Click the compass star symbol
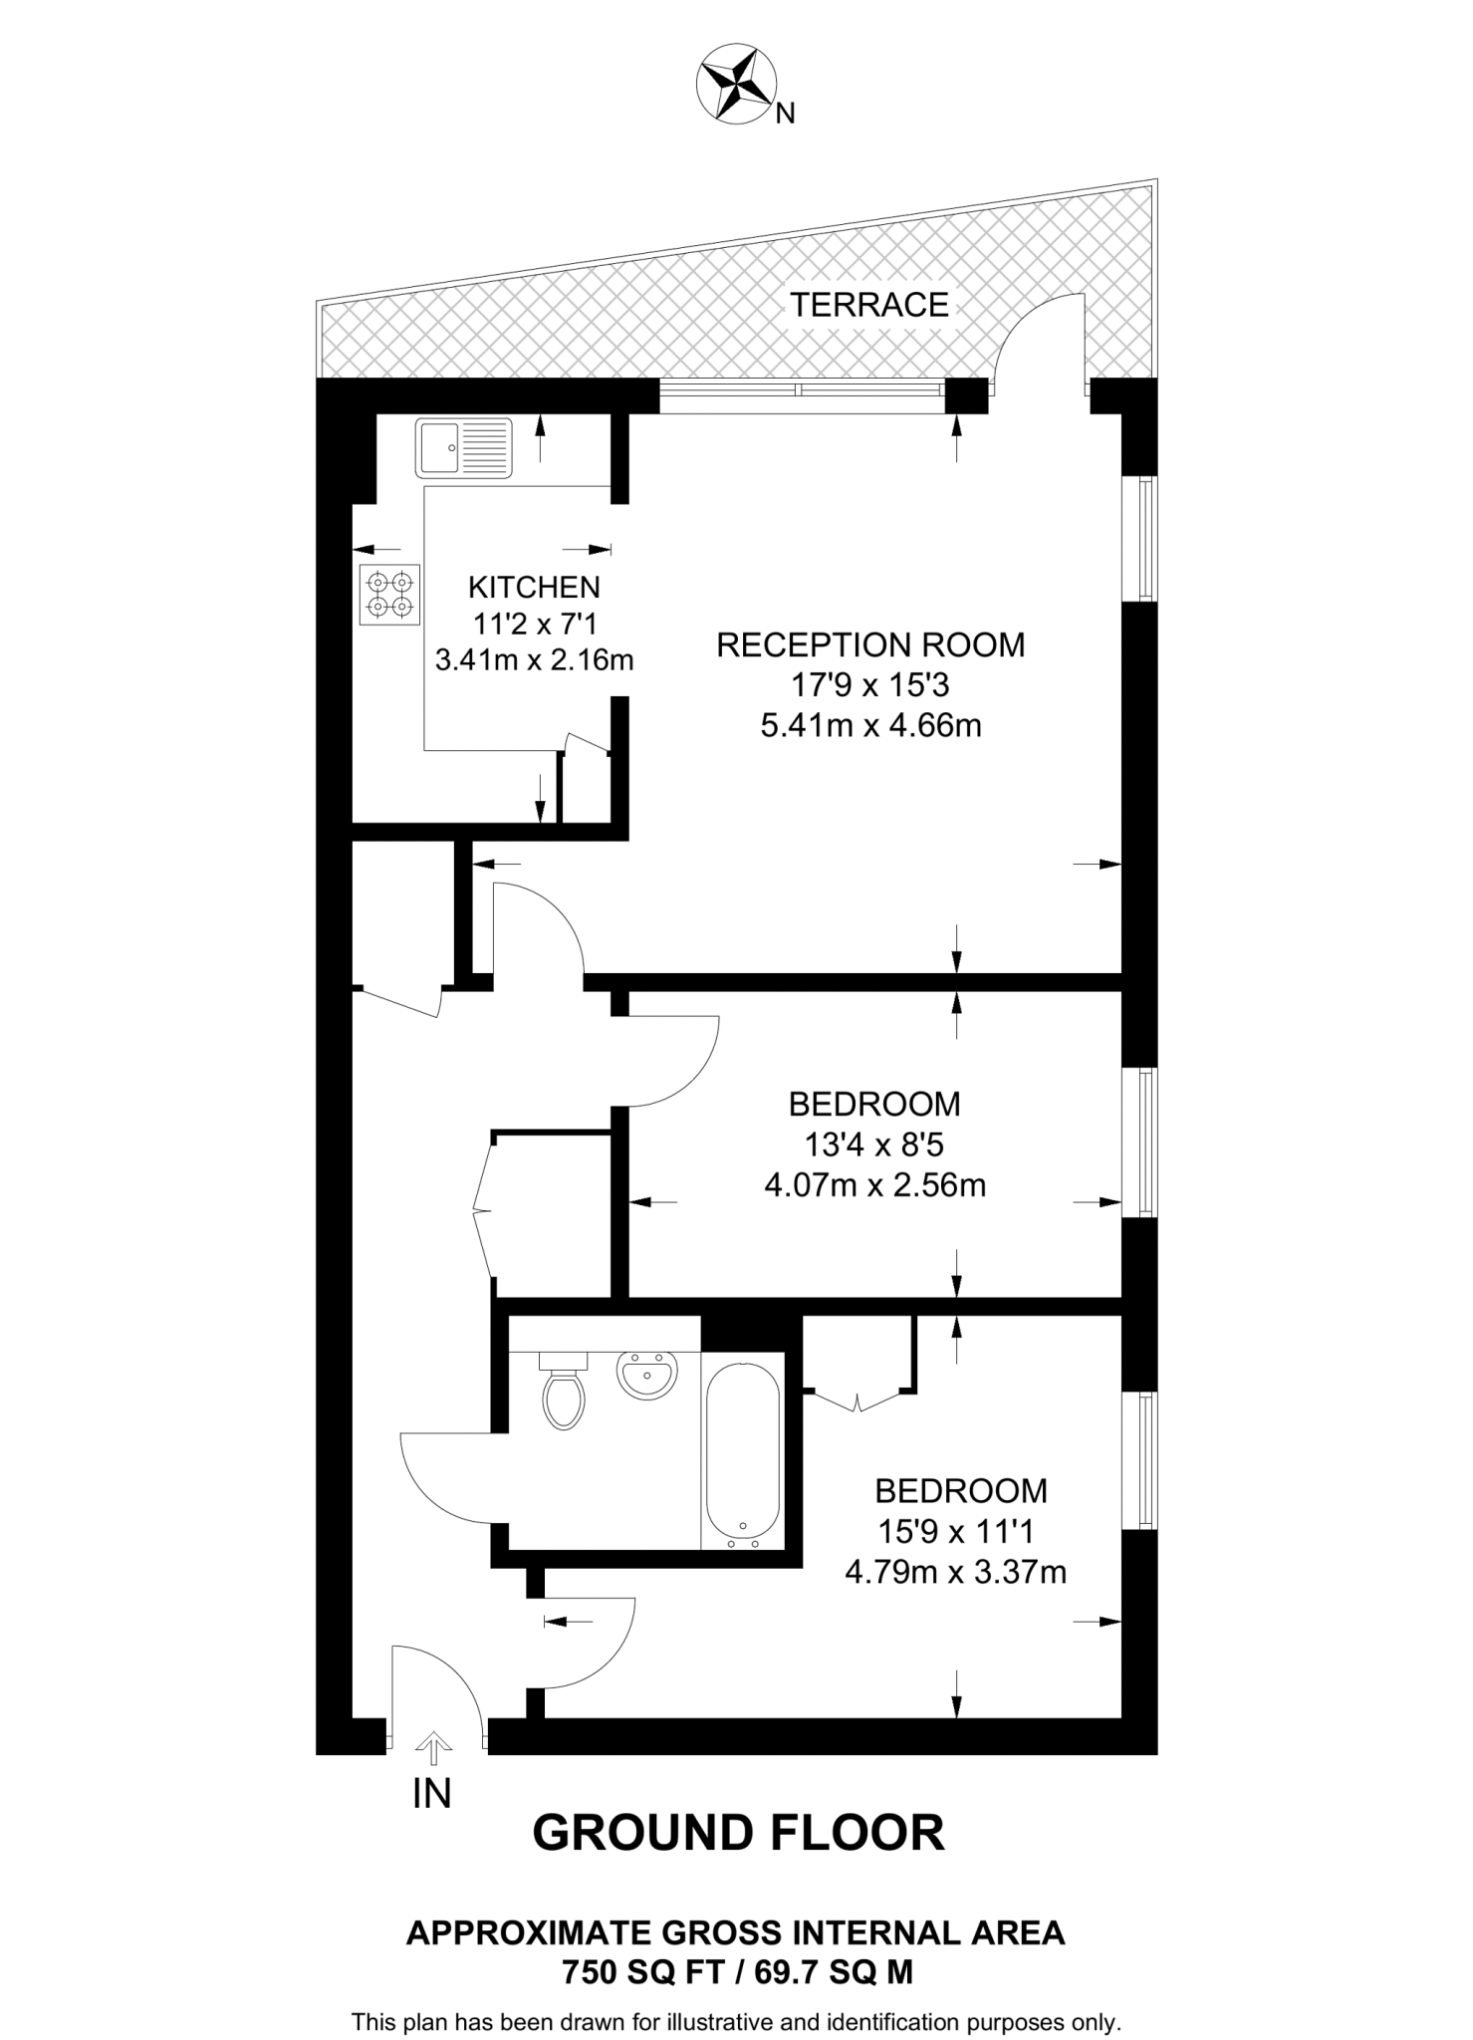coord(735,84)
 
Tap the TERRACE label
coord(868,304)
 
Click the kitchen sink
coord(463,447)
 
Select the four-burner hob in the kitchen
coord(389,595)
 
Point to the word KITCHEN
coord(534,586)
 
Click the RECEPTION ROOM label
coord(869,644)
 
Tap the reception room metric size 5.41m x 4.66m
coord(869,725)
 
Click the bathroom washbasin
coord(647,1376)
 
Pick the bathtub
coord(742,1450)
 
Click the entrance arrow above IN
coord(432,1742)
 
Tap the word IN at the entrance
coord(432,1793)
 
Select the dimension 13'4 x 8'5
coord(874,1145)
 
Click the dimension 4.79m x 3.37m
coord(955,1572)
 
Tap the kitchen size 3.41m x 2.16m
coord(534,659)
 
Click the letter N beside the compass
coord(785,115)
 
